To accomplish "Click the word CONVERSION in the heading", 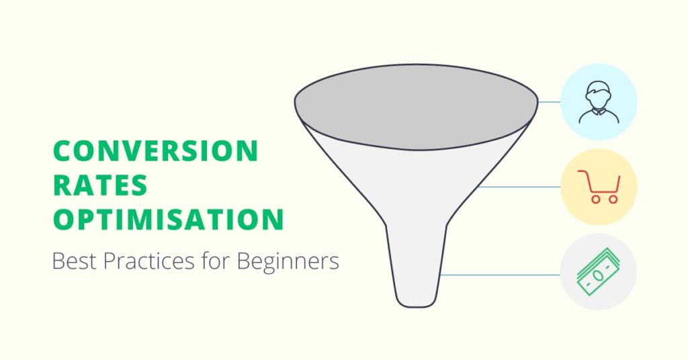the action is point(155,151).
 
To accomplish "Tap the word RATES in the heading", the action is point(100,185).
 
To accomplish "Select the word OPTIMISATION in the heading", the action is point(169,219).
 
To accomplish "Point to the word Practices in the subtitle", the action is point(148,261).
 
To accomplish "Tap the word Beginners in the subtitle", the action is point(288,262).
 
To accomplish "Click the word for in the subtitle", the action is point(215,261).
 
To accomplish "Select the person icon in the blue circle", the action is point(599,101).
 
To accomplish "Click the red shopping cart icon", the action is point(599,187).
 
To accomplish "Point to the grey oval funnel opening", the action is point(416,107).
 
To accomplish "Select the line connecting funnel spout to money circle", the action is point(500,275).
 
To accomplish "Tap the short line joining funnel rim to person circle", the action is point(549,101).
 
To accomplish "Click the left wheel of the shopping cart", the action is point(595,199).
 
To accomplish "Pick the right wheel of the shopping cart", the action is point(613,199).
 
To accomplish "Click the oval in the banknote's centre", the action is point(597,275).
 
